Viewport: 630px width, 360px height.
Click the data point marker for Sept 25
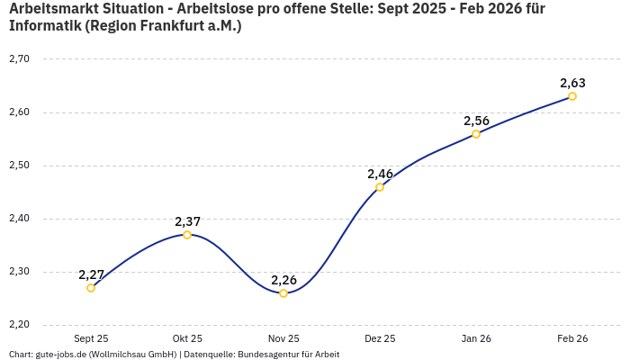pyautogui.click(x=91, y=288)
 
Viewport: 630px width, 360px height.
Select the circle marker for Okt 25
pyautogui.click(x=187, y=235)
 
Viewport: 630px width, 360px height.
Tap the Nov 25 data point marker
pyautogui.click(x=283, y=293)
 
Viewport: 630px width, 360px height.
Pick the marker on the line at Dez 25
pyautogui.click(x=380, y=187)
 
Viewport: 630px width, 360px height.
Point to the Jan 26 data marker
pyautogui.click(x=476, y=134)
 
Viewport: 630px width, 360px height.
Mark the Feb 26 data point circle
pyautogui.click(x=572, y=96)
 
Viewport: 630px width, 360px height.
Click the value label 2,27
pyautogui.click(x=91, y=274)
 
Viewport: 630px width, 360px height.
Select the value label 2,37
pyautogui.click(x=187, y=221)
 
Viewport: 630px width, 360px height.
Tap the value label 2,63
pyautogui.click(x=572, y=83)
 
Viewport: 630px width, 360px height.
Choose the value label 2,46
pyautogui.click(x=380, y=174)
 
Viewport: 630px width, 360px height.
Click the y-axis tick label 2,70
pyautogui.click(x=19, y=59)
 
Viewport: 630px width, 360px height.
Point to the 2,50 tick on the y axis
pyautogui.click(x=19, y=166)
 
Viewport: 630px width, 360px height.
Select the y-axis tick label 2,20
pyautogui.click(x=19, y=324)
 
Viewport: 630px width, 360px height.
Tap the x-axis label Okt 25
pyautogui.click(x=187, y=339)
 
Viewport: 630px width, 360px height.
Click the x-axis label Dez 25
pyautogui.click(x=380, y=339)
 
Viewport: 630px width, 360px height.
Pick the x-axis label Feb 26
pyautogui.click(x=572, y=339)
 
